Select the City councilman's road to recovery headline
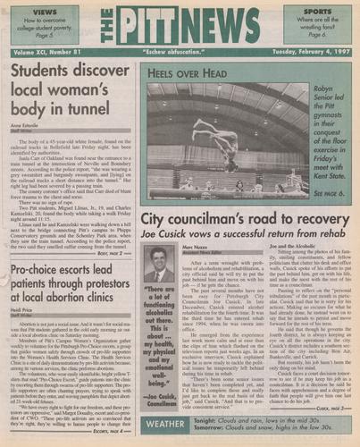237,222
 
